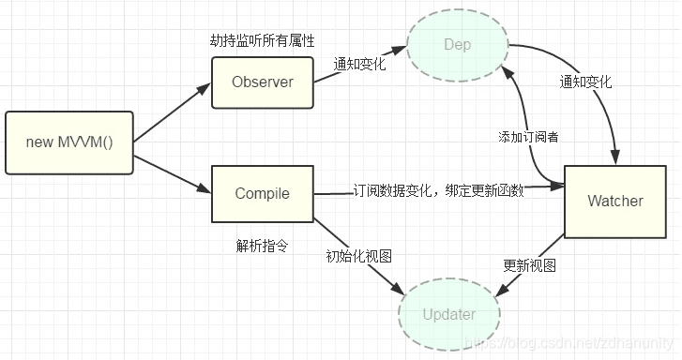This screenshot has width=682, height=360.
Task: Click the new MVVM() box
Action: coord(68,142)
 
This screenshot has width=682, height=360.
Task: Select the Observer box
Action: coord(262,82)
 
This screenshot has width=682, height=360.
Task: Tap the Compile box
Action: coord(262,193)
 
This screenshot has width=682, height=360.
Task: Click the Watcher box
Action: coord(614,201)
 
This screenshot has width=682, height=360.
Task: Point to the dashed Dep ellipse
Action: coord(457,45)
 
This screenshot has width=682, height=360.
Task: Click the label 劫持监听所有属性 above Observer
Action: coord(261,41)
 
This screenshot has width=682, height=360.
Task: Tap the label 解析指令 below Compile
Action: coord(262,246)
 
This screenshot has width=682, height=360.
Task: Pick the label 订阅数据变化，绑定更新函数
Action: coord(438,189)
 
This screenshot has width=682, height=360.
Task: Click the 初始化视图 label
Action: coord(358,256)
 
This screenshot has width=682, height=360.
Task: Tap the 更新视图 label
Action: coord(529,265)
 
